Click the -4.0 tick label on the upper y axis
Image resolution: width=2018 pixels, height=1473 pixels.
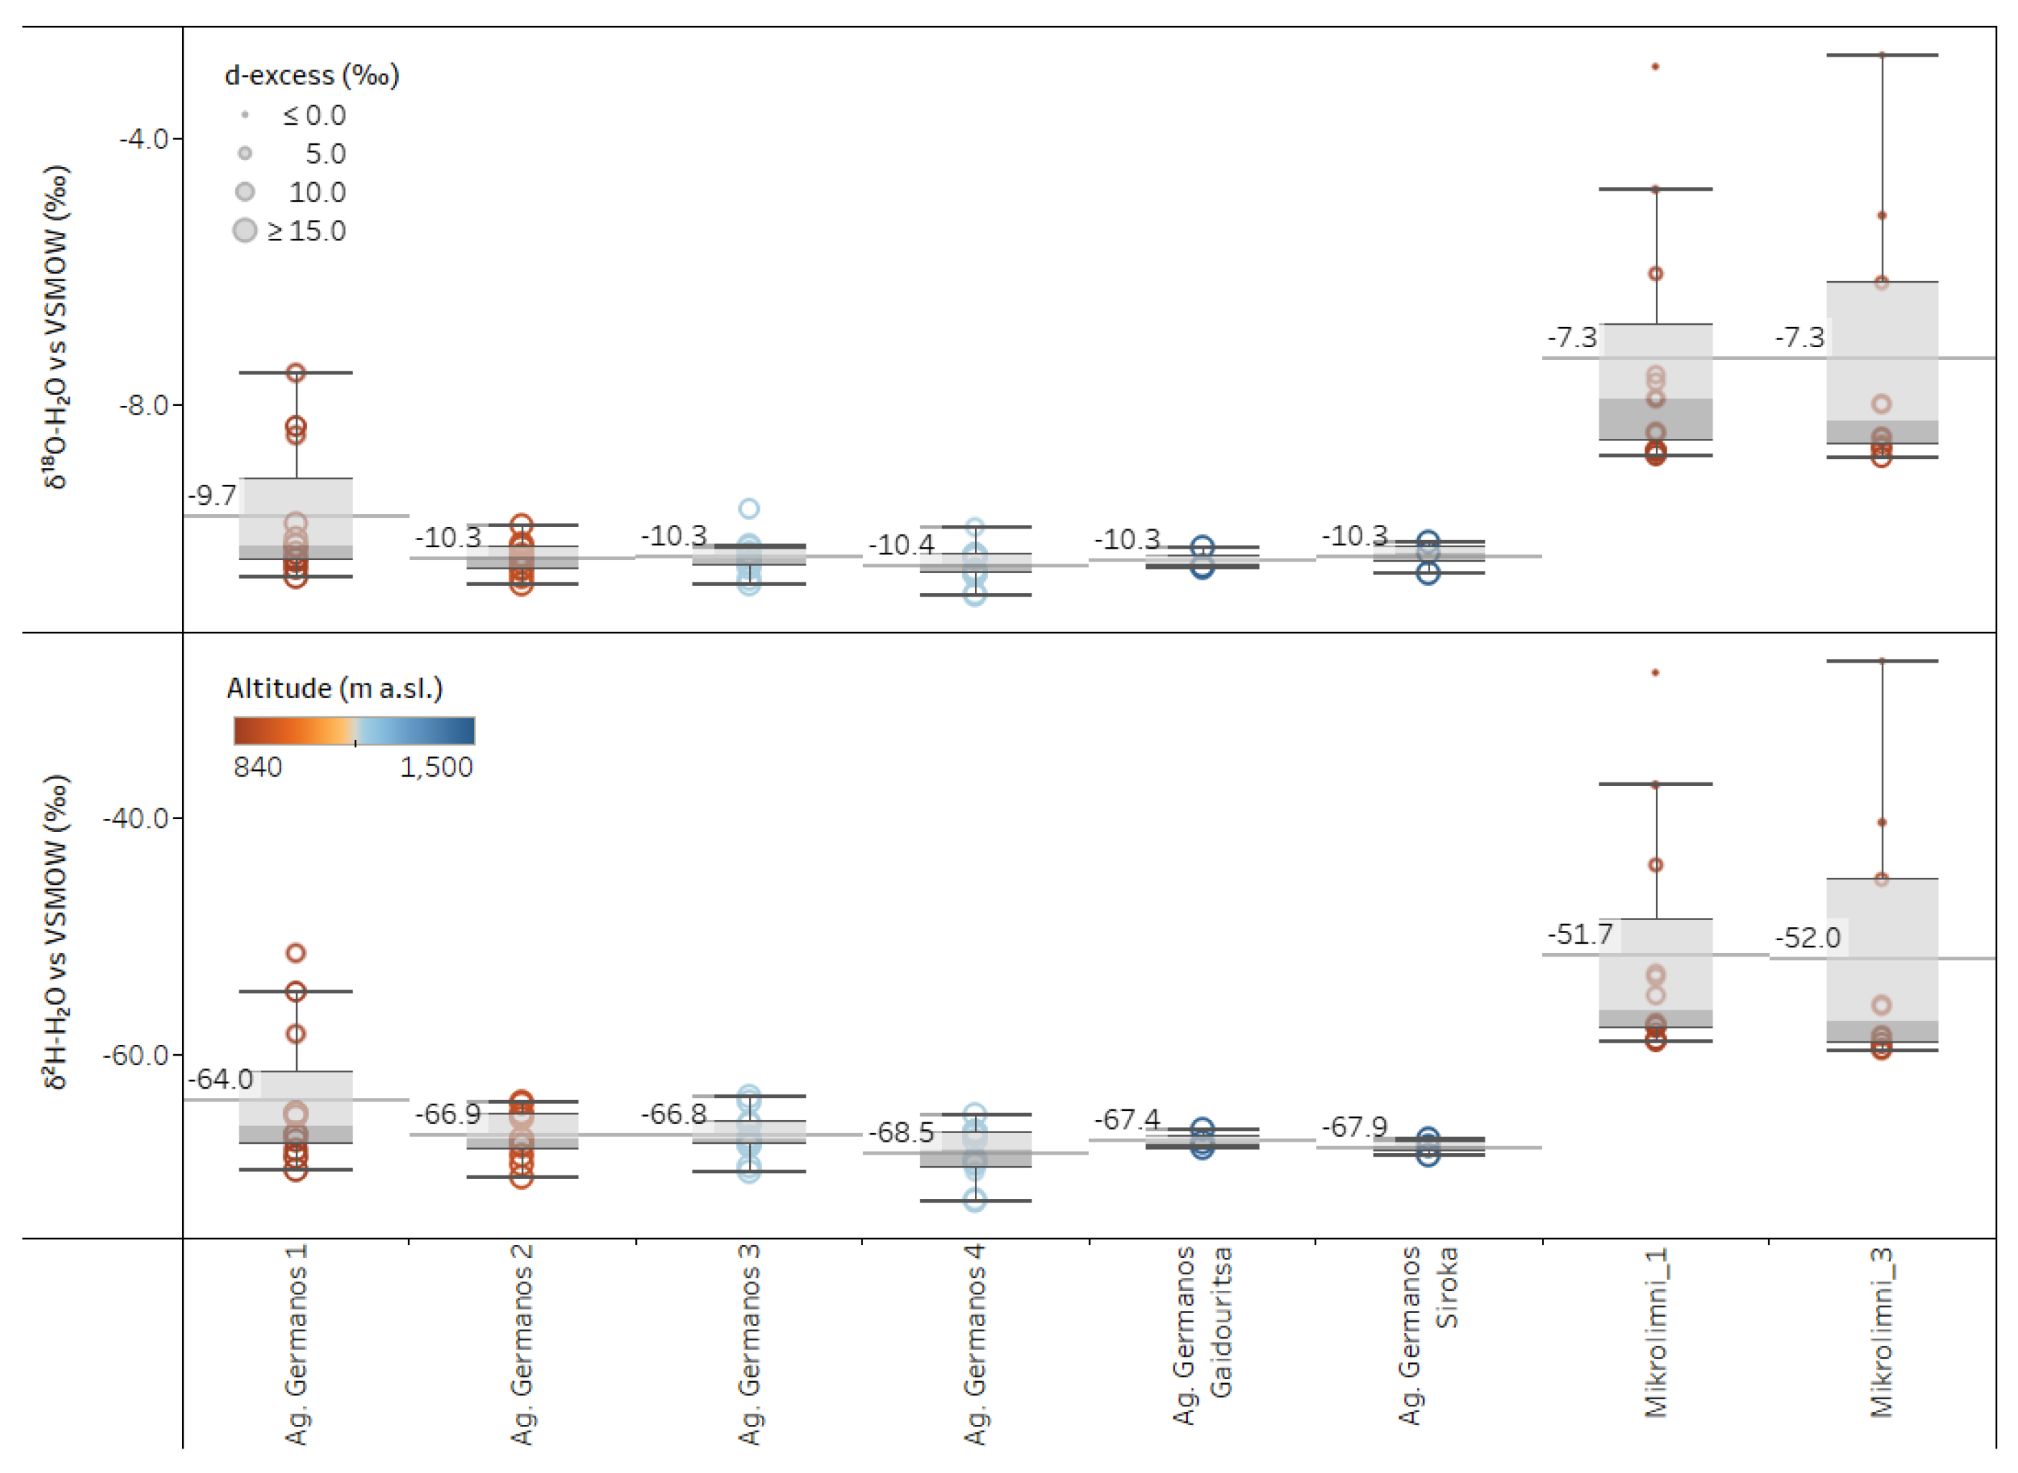(x=143, y=138)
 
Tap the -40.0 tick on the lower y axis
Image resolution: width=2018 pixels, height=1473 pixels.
(x=136, y=818)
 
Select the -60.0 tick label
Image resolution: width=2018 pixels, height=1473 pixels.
(x=136, y=1055)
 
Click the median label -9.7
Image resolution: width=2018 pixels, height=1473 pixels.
(x=212, y=495)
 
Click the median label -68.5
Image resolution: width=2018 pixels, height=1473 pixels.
(x=900, y=1132)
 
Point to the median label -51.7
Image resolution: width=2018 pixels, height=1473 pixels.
(x=1579, y=934)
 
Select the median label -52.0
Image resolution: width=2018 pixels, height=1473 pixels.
(x=1807, y=937)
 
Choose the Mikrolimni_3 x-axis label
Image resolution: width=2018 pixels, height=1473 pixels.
(x=1881, y=1332)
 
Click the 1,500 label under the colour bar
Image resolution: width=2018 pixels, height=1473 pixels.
(x=436, y=767)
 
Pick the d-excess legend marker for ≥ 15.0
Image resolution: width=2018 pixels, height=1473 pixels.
(x=244, y=230)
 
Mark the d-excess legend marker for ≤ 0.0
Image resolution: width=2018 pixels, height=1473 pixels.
(x=244, y=115)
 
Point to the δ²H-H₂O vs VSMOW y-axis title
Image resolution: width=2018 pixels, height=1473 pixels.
(x=56, y=932)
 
